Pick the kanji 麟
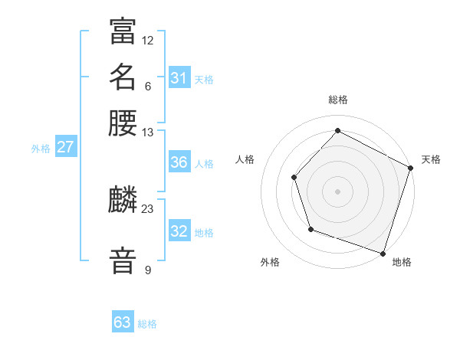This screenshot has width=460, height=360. coord(123,201)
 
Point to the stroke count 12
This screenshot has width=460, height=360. coord(148,40)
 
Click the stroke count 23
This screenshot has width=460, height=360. coord(148,208)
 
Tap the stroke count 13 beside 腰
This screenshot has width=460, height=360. coord(148,132)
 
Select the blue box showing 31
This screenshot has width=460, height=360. coord(179,78)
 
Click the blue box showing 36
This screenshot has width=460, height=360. coord(179,162)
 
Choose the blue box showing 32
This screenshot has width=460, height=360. coord(179,231)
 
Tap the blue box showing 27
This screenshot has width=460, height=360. coord(65,147)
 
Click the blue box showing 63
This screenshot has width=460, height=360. coord(123,322)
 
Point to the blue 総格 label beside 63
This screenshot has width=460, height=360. coord(147,324)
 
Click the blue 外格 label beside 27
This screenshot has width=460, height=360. coord(41,149)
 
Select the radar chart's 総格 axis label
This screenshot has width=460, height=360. coord(338,100)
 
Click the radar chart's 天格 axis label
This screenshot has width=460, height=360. coord(431,159)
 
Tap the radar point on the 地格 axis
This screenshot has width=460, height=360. coord(383,253)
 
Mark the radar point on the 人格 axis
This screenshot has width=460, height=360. coord(294,177)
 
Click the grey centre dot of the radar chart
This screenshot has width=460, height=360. coord(338,191)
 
